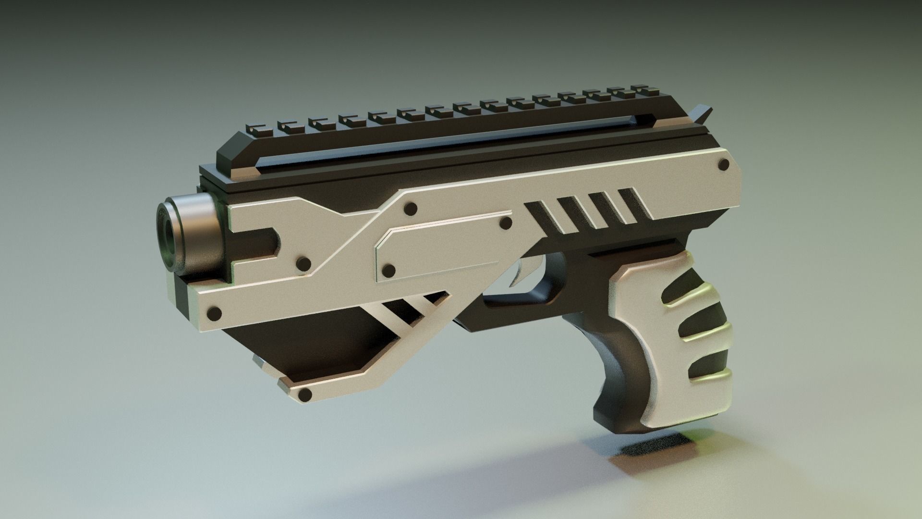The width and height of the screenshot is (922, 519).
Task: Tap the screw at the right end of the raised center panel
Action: click(506, 223)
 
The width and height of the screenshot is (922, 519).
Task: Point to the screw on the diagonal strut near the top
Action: click(411, 209)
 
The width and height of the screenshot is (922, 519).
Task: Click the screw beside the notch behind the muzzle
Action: click(303, 263)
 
